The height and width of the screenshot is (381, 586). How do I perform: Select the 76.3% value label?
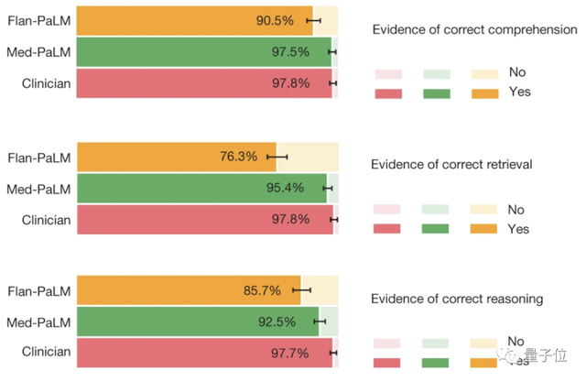pos(239,157)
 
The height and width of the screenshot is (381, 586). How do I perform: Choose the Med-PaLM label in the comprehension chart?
pos(39,52)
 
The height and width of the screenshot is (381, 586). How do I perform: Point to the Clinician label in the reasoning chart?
pos(46,352)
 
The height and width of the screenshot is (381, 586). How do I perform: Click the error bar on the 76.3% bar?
pos(277,157)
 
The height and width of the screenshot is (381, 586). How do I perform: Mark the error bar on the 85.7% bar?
pos(301,291)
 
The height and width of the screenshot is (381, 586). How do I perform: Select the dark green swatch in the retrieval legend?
pos(436,229)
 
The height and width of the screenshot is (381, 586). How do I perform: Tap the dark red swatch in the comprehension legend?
pos(388,92)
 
